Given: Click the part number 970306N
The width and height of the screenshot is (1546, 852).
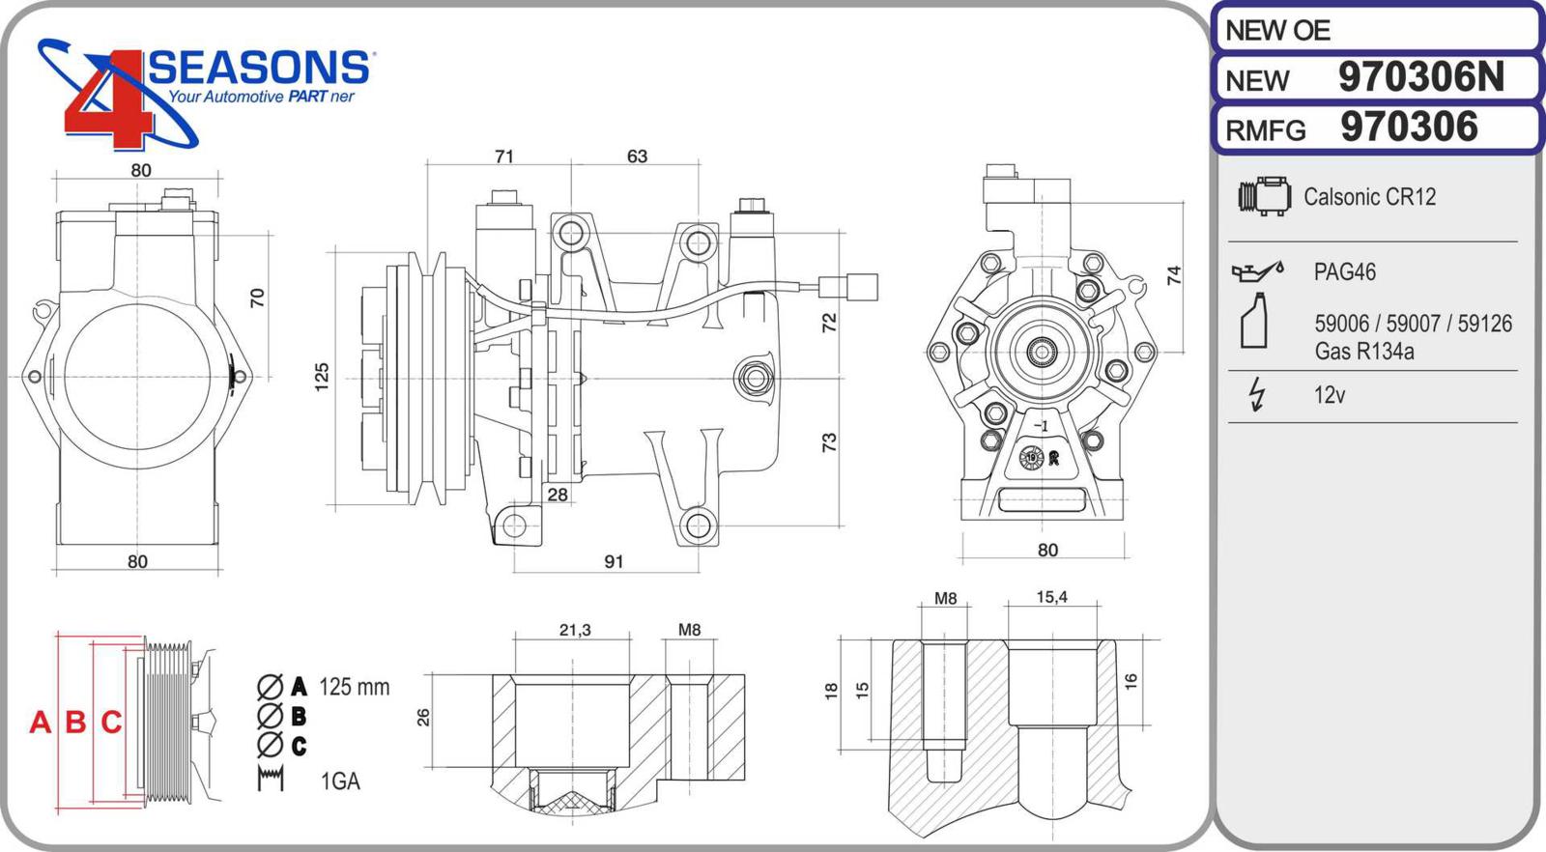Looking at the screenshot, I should tap(1420, 77).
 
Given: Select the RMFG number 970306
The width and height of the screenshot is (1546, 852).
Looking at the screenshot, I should tap(1409, 128).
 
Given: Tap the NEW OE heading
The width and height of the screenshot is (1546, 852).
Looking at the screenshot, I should tap(1277, 31).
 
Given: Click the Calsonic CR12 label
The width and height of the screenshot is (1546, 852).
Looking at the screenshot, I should tap(1369, 197).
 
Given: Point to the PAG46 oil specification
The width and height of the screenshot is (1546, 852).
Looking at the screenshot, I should tap(1344, 272).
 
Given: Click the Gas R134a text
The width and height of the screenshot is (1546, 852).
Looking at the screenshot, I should tap(1363, 352).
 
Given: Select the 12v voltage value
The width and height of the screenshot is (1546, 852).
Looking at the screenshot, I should tap(1330, 395).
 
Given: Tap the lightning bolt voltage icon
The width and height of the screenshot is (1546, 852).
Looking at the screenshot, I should tap(1257, 394).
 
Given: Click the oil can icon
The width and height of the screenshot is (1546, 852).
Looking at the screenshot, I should tap(1257, 271).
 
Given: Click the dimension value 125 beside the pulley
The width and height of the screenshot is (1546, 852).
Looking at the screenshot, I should tap(322, 376).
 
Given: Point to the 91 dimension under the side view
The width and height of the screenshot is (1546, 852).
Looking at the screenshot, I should tap(614, 561).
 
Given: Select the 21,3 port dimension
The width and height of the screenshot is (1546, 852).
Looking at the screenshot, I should tap(575, 630).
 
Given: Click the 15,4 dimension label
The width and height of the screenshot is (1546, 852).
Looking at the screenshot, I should tap(1051, 597).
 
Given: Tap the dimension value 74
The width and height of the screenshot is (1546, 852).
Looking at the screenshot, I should tap(1174, 275).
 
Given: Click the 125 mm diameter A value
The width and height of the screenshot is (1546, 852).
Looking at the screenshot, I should tap(354, 687).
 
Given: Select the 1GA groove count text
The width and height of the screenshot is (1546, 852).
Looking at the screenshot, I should tap(340, 781).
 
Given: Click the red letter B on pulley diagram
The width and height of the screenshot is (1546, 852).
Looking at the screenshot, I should tap(75, 722).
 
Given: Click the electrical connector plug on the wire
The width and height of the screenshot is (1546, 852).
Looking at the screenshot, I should tap(849, 287).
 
